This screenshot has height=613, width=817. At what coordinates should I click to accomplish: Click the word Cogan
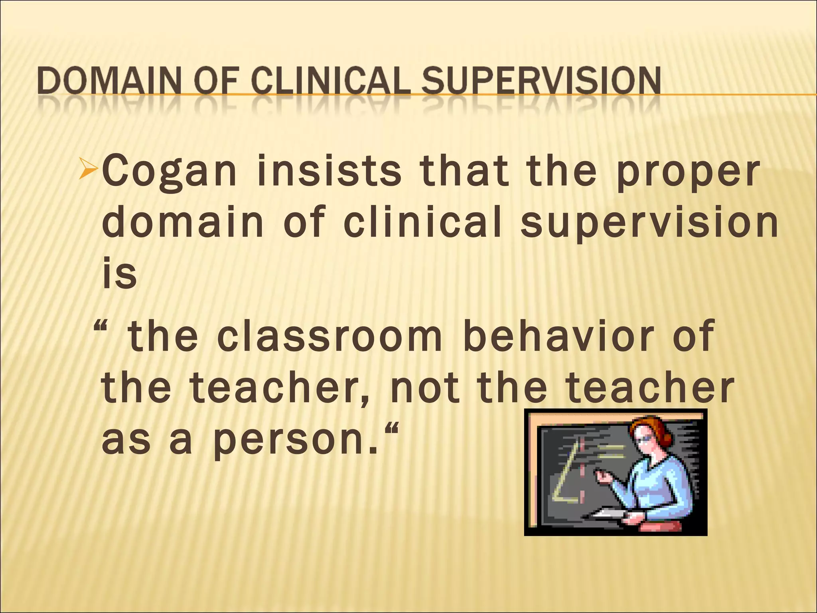pos(170,172)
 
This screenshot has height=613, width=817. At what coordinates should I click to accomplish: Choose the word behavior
pos(558,336)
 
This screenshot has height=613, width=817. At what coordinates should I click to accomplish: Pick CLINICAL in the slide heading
pos(331,81)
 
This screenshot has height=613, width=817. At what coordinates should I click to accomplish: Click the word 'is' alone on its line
pos(119,275)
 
